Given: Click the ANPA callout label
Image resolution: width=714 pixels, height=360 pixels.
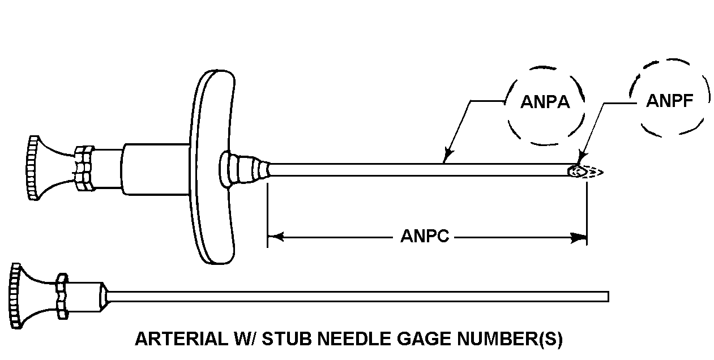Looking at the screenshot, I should (x=545, y=104).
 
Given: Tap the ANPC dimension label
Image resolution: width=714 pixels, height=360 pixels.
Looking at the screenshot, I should (x=425, y=236).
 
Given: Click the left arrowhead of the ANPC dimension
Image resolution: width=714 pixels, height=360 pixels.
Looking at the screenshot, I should (x=274, y=237).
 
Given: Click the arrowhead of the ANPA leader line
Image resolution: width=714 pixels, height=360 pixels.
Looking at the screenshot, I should (x=447, y=152).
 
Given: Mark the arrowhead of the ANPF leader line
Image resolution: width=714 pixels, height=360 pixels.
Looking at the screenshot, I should (x=580, y=158).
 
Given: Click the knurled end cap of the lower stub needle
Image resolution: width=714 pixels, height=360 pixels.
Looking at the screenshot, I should (x=16, y=295).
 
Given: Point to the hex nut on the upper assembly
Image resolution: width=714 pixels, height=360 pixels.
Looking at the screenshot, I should (x=84, y=168).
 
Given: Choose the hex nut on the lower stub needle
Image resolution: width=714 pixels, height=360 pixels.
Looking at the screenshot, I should (x=61, y=295).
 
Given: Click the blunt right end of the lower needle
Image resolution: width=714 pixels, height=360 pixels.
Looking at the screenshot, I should (x=606, y=296).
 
